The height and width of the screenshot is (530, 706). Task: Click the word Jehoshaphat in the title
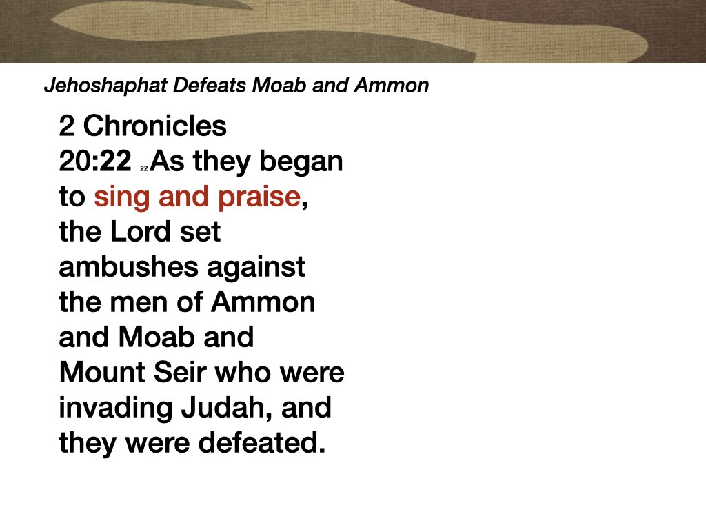pos(89,86)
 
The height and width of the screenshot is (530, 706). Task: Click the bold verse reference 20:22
pos(94,162)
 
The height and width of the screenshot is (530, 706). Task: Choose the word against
pos(256,267)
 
